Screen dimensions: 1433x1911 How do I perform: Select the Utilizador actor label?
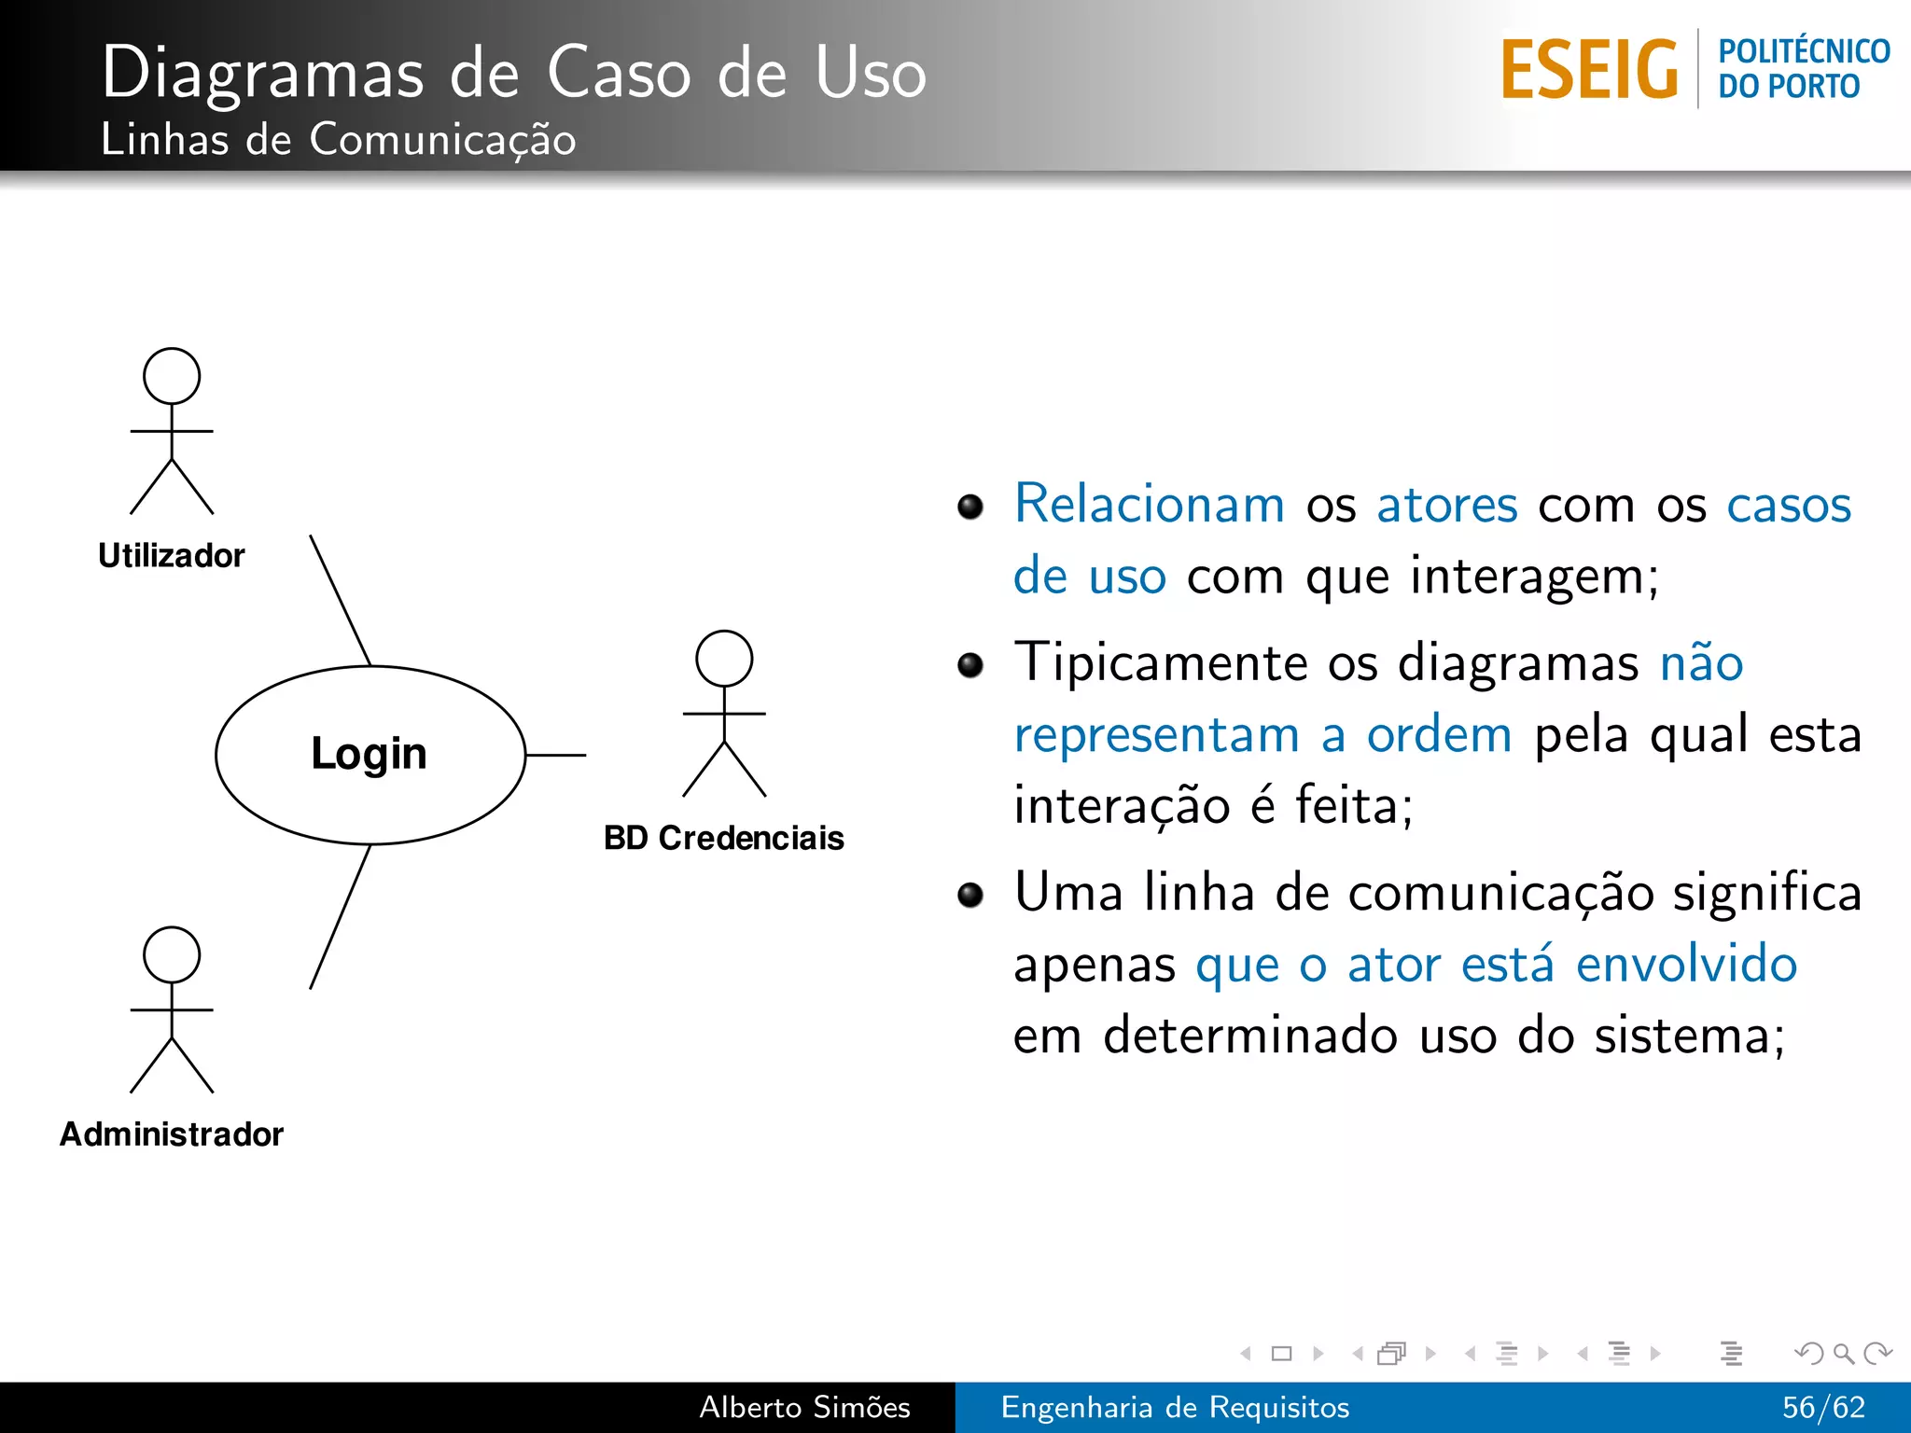coord(172,556)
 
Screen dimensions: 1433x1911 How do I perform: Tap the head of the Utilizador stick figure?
coord(172,376)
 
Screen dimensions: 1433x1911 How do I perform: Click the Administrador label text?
coord(172,1134)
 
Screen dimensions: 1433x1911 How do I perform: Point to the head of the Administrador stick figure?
coord(172,954)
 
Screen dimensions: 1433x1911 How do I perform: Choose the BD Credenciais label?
coord(724,838)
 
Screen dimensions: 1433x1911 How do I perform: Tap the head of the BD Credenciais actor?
coord(724,659)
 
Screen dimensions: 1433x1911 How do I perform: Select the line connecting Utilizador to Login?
coord(341,600)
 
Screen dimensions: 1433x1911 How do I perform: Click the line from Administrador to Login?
coord(341,916)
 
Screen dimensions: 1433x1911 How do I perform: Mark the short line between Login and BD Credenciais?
coord(556,755)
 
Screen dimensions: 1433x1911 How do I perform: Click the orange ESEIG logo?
coord(1589,70)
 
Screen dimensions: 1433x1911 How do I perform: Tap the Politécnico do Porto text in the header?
coord(1803,68)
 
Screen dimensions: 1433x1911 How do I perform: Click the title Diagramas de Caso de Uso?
coord(513,73)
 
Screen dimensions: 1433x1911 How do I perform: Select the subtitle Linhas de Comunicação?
coord(338,140)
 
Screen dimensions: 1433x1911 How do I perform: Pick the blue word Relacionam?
coord(1150,505)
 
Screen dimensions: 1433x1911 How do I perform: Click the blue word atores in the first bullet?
coord(1447,505)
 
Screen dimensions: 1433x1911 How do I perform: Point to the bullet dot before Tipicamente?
coord(970,664)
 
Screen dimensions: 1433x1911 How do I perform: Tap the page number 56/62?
coord(1823,1407)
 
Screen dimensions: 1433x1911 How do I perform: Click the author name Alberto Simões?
coord(804,1407)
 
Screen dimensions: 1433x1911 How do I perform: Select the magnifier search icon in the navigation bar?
coord(1843,1353)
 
